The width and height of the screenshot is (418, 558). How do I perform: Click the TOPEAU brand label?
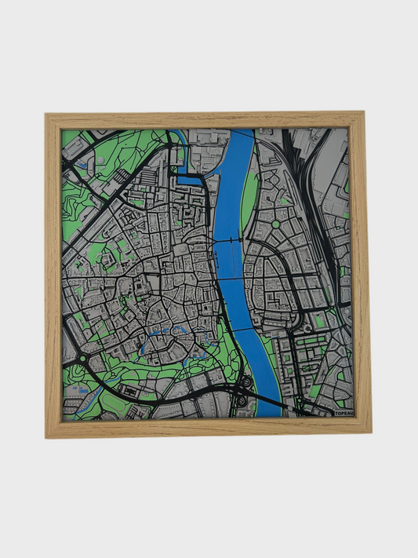[343, 412]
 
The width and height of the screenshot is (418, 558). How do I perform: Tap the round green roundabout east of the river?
[275, 224]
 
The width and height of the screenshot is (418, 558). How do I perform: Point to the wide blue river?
[231, 204]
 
